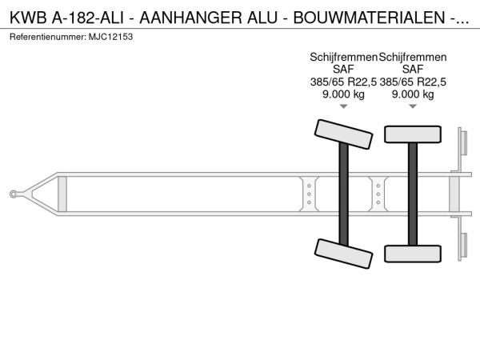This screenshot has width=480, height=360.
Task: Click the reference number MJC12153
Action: click(111, 37)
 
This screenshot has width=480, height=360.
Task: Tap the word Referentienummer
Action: click(47, 37)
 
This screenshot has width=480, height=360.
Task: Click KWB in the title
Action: click(28, 18)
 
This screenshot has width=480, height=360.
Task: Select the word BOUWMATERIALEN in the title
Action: click(369, 18)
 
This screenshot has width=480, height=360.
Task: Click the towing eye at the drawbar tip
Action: click(13, 194)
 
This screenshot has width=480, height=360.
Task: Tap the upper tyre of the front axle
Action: click(343, 134)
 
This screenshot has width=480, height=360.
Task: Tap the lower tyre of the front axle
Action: click(343, 254)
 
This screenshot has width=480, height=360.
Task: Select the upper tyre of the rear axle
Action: click(413, 134)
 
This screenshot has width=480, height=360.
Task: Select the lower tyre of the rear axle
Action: click(413, 254)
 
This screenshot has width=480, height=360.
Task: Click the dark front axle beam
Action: click(343, 194)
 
